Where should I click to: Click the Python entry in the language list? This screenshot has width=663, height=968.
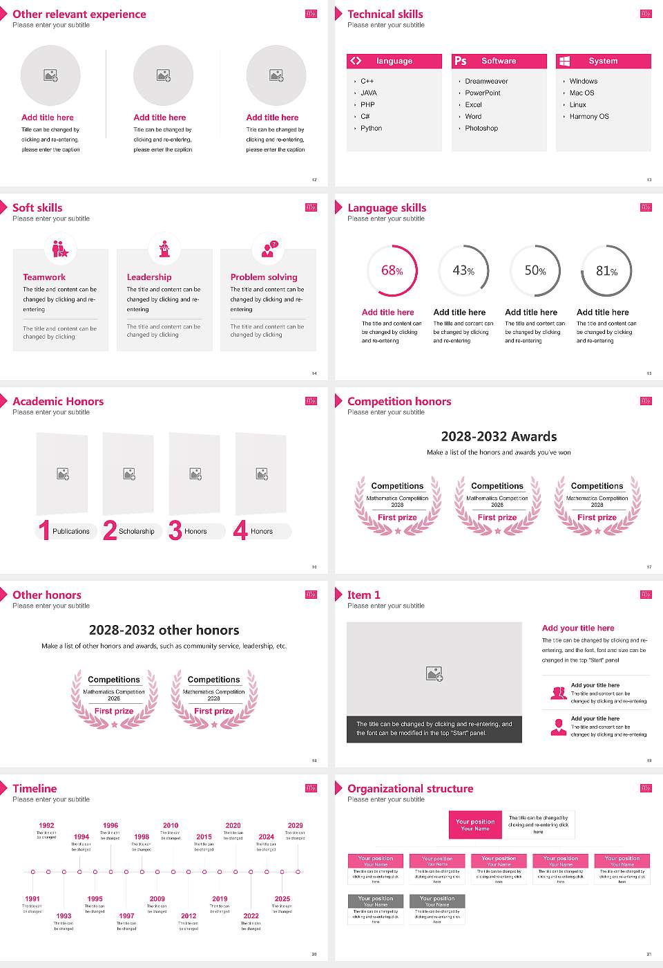tap(371, 129)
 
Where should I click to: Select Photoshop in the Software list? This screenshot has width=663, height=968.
tap(481, 129)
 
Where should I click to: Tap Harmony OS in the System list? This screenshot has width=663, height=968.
tap(589, 117)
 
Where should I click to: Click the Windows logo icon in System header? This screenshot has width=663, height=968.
tap(565, 61)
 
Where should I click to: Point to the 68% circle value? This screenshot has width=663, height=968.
tap(392, 270)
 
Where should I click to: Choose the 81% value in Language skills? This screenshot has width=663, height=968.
tap(606, 271)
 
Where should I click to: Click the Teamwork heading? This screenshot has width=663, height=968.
tap(44, 277)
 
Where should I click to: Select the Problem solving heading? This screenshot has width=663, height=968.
tap(264, 277)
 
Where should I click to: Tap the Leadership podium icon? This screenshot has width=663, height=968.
tap(164, 249)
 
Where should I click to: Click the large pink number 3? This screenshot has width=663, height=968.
tap(175, 530)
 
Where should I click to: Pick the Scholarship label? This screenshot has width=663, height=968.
tap(136, 532)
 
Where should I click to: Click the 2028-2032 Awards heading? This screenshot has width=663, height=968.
tap(499, 436)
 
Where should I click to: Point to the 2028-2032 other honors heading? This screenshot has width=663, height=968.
tap(164, 630)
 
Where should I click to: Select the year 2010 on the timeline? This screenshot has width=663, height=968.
tap(171, 826)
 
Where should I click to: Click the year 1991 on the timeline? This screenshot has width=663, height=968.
tap(32, 899)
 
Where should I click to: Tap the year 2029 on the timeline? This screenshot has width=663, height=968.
tap(295, 826)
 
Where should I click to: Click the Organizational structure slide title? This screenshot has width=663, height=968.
tap(410, 788)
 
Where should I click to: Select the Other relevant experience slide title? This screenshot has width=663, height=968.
tap(79, 14)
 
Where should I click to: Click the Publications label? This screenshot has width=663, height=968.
tap(70, 532)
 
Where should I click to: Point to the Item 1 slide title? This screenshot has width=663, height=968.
tap(363, 595)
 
